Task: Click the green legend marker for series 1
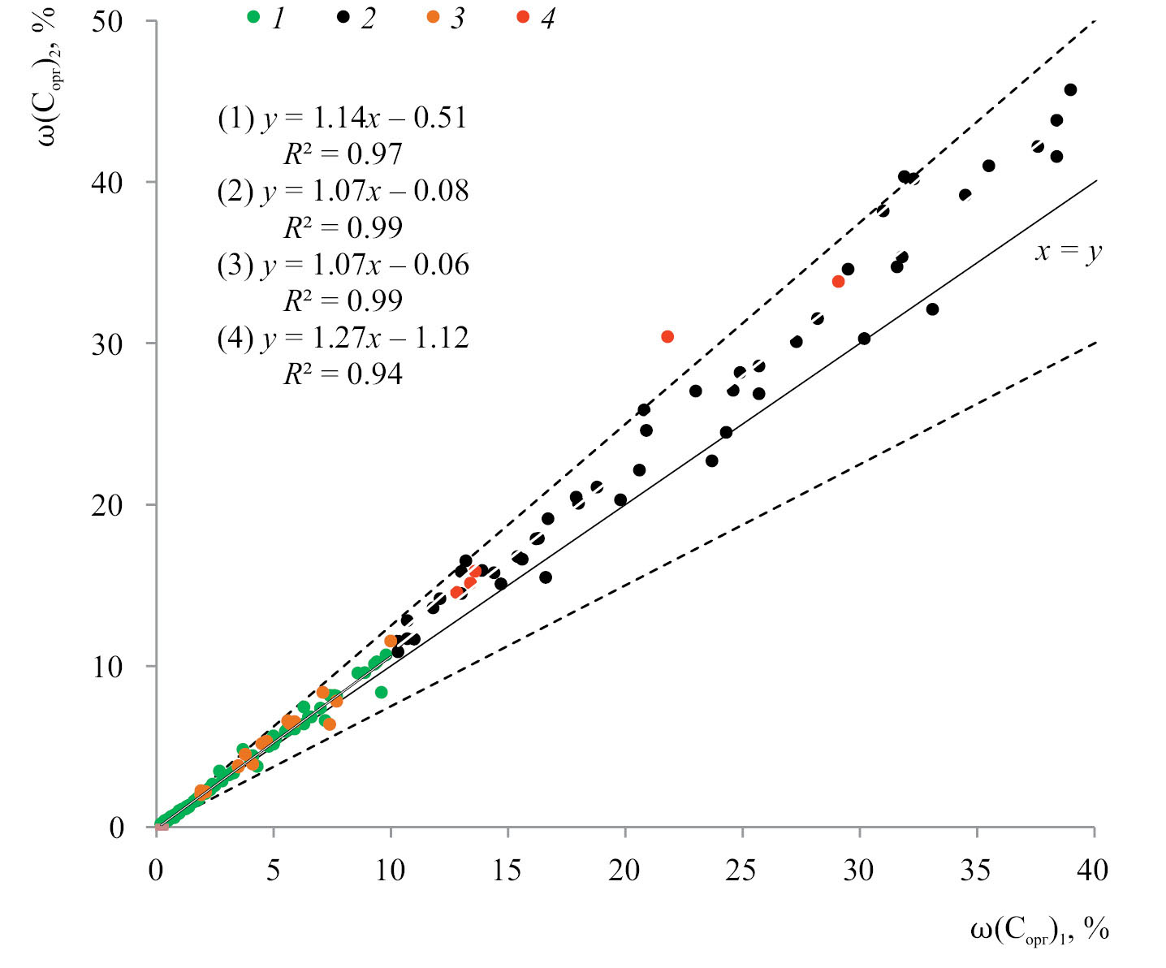point(253,17)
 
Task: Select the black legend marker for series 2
point(343,17)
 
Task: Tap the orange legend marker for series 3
point(433,17)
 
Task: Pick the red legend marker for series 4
point(523,17)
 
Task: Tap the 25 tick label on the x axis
point(741,871)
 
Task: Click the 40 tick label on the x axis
point(1093,871)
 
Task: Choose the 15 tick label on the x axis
point(507,871)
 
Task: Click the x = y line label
point(1067,251)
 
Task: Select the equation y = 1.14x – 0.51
point(364,119)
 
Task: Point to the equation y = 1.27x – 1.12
point(365,338)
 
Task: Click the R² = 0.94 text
point(343,374)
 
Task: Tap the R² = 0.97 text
point(343,154)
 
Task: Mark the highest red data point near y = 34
point(838,282)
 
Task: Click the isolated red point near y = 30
point(667,336)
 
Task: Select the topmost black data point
point(1070,89)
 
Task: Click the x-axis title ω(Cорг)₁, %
point(1039,931)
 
